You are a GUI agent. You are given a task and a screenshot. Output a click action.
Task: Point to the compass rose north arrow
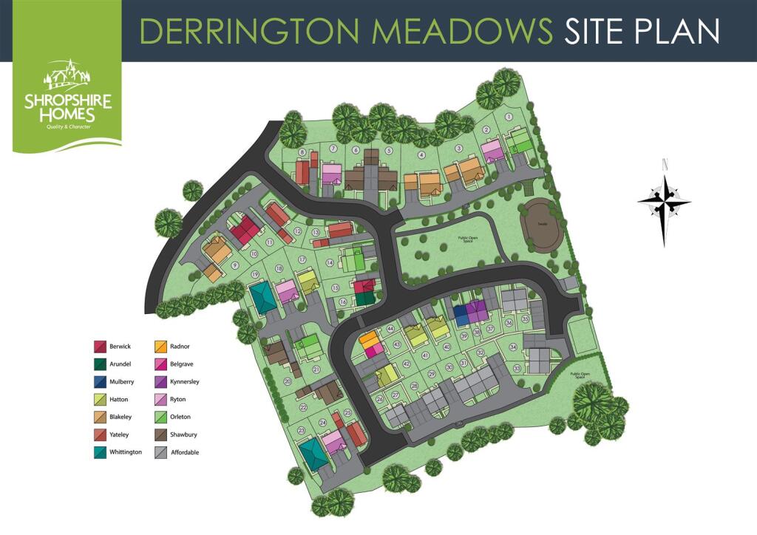point(665,201)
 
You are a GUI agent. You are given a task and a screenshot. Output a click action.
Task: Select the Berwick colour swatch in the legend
point(100,346)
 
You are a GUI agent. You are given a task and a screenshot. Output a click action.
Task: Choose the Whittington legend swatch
point(100,452)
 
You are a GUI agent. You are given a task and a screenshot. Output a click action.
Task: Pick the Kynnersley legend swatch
point(160,381)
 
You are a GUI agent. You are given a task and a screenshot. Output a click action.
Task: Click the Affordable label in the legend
point(185,452)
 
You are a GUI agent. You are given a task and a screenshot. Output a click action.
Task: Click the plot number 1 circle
point(509,117)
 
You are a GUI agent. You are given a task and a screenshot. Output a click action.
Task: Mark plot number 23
point(301,430)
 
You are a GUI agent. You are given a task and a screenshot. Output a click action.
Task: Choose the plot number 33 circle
point(517,368)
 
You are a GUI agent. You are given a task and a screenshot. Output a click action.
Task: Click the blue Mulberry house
point(461,315)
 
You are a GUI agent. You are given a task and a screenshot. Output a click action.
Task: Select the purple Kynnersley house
point(478,311)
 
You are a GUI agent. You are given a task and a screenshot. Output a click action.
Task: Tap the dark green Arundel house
point(364,299)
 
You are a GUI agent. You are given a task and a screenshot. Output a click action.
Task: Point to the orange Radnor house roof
point(368,339)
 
